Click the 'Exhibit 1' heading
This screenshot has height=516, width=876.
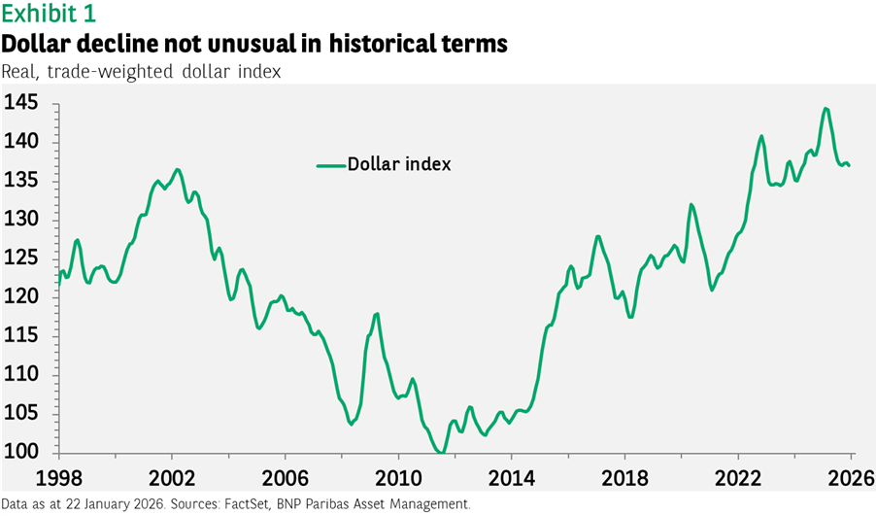click(49, 15)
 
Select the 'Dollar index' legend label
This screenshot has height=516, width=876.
click(399, 164)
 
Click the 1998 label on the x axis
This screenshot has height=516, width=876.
click(58, 478)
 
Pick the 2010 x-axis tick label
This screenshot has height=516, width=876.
click(397, 478)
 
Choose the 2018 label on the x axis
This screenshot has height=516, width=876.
click(623, 478)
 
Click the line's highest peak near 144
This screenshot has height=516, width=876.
click(825, 108)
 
